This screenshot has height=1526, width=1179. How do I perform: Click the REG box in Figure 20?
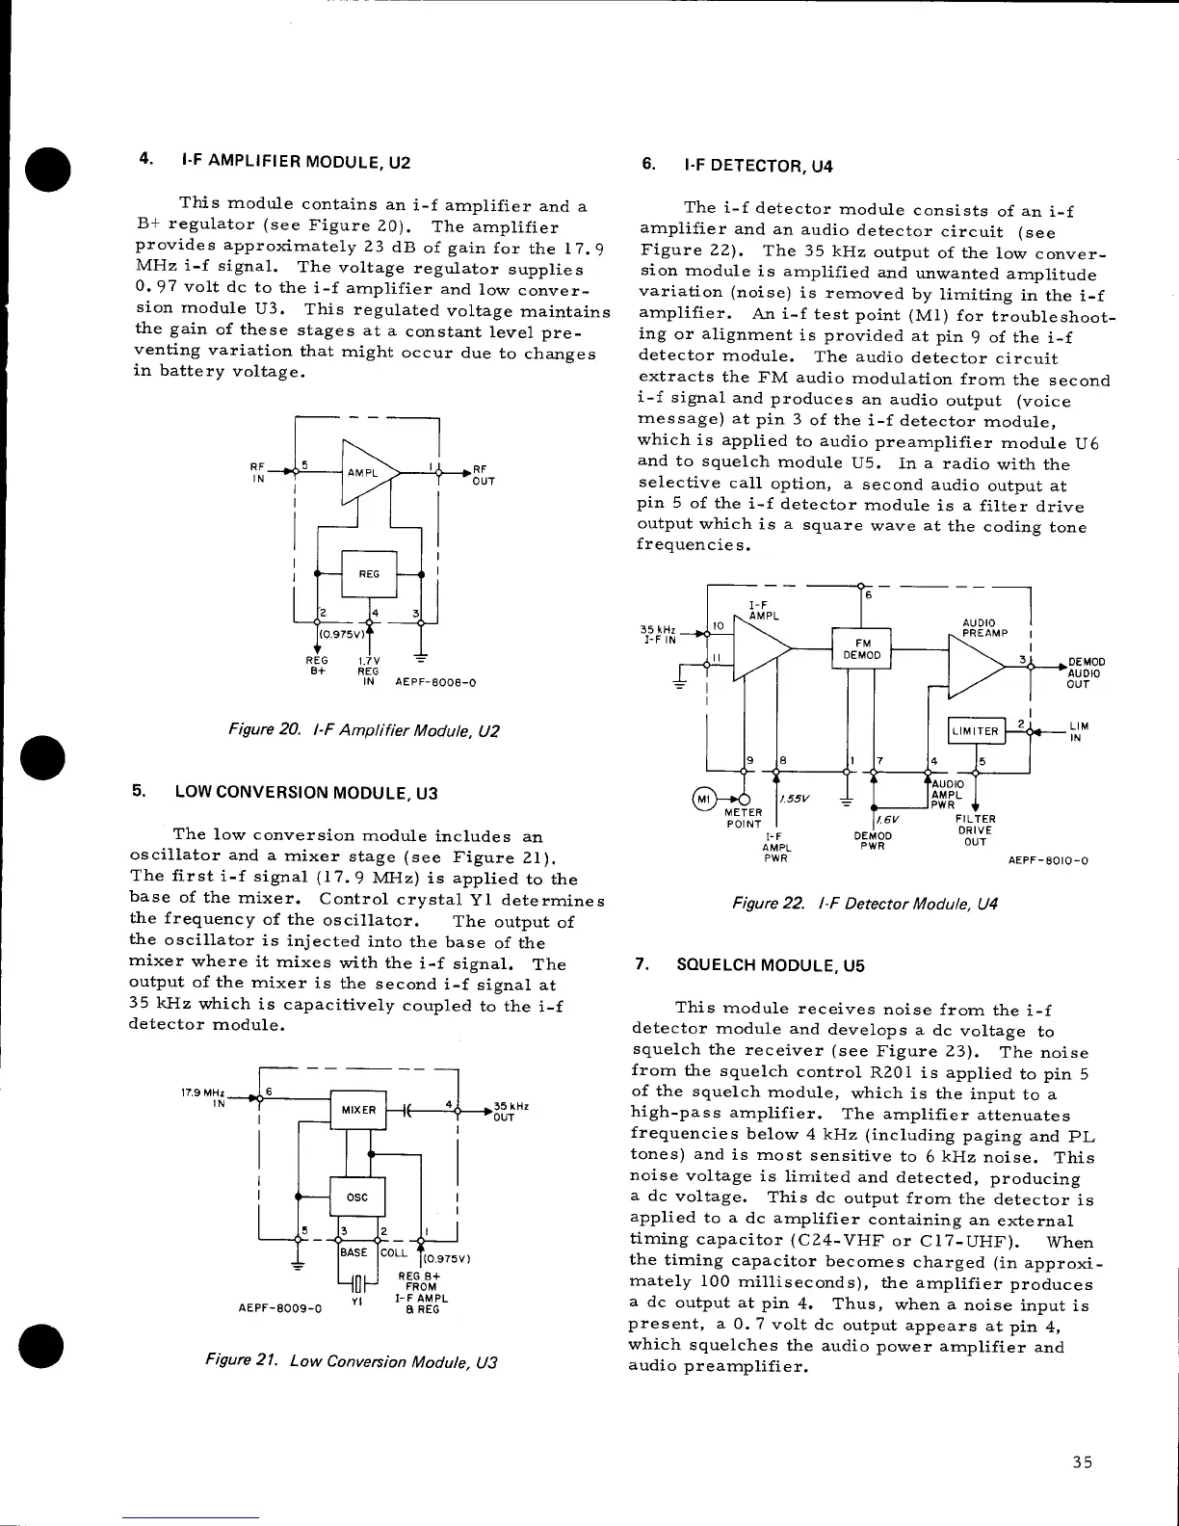click(x=369, y=573)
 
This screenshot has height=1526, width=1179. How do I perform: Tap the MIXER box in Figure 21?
click(x=357, y=1110)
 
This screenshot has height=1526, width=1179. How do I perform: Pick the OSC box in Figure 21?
click(x=357, y=1197)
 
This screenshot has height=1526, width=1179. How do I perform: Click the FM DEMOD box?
click(x=861, y=648)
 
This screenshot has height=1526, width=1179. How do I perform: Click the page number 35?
click(x=1083, y=1462)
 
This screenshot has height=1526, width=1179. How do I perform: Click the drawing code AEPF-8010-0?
click(x=1048, y=860)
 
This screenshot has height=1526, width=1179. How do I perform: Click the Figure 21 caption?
click(x=352, y=1362)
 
